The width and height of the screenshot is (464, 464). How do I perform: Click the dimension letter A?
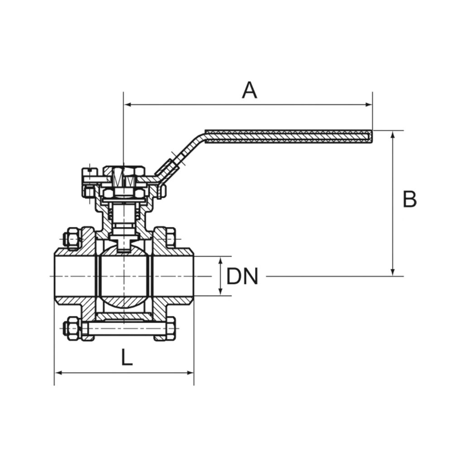coord(250,91)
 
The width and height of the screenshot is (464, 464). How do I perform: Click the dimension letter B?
coord(410,199)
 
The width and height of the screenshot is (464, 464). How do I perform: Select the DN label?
coord(242,276)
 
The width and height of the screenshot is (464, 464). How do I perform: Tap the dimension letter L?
coord(127,357)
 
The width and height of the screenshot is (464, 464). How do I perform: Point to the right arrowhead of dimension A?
coord(369,105)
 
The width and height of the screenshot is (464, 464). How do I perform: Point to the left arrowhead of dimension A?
coord(127,105)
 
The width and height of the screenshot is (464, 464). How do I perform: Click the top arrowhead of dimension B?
coord(393,134)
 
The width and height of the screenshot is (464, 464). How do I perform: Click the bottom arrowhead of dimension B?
coord(393,272)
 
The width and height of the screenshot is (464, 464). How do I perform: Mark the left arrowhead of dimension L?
coord(58,373)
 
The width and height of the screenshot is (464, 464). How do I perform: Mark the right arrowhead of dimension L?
coord(190,373)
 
